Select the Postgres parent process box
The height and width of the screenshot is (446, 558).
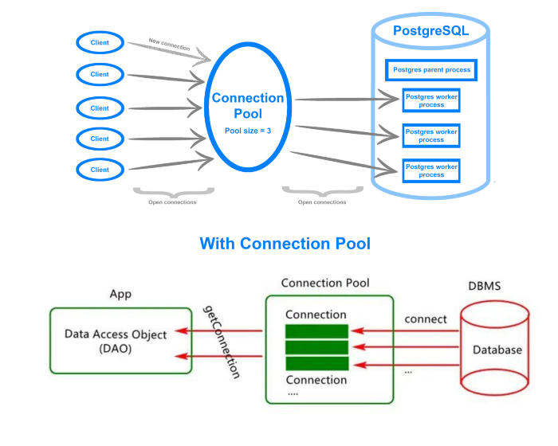432,70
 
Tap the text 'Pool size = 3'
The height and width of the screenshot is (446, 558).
248,130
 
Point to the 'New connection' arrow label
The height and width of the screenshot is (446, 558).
169,44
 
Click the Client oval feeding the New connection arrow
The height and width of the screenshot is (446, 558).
100,42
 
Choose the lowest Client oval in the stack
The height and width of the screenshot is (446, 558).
100,170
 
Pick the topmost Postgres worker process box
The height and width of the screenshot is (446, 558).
431,100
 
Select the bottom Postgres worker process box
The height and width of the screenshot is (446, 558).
431,170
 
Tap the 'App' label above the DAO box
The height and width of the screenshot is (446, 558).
120,294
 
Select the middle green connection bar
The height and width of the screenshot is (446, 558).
316,347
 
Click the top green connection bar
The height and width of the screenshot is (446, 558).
316,331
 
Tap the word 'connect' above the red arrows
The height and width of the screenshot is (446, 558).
426,319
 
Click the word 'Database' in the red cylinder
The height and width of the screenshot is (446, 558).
497,350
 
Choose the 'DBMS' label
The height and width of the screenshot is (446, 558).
488,285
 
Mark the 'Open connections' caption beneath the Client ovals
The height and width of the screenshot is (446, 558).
172,202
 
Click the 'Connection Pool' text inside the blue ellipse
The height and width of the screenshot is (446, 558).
248,106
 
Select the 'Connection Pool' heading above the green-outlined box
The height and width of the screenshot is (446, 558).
325,283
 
